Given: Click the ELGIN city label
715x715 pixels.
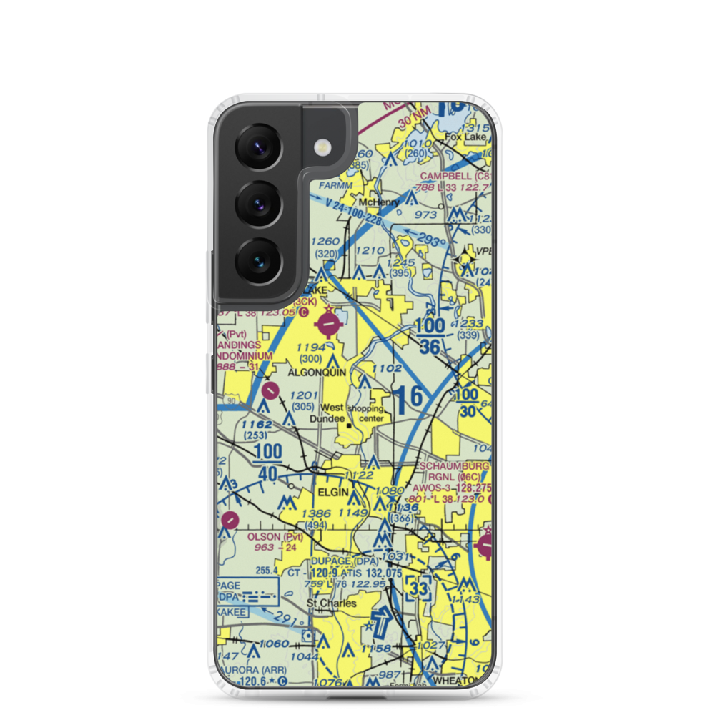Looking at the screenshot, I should tap(334, 493).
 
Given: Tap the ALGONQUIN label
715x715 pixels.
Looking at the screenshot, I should tap(317, 373).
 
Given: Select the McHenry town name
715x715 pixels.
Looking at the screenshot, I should tap(378, 202).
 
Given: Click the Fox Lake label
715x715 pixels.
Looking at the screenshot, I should tap(465, 137).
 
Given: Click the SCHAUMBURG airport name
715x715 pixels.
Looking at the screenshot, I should tap(454, 466).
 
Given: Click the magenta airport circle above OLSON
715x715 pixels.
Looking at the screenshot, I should tap(230, 520).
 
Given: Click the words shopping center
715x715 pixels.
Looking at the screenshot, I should tap(366, 414).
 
